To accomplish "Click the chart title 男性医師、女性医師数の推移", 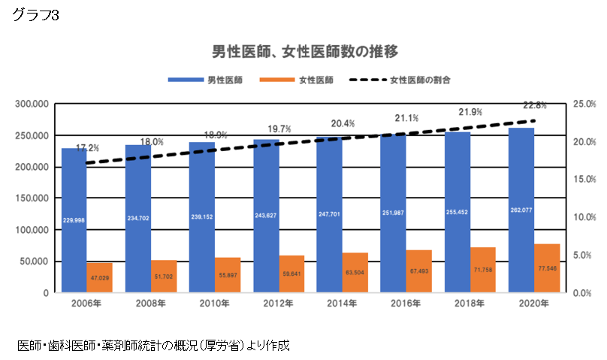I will [x=303, y=51].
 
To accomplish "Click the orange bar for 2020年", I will [x=546, y=268].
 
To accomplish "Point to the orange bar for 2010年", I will [x=227, y=275].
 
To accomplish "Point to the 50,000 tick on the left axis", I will [x=35, y=262].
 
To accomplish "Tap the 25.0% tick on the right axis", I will [x=584, y=104].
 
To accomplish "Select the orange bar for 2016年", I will [x=418, y=271].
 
